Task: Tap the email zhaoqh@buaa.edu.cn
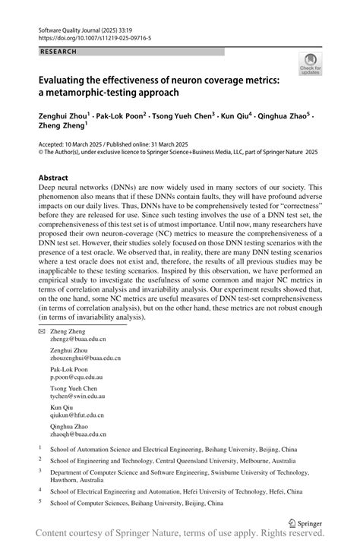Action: pos(79,456)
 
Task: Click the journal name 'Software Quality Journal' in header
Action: pos(72,27)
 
